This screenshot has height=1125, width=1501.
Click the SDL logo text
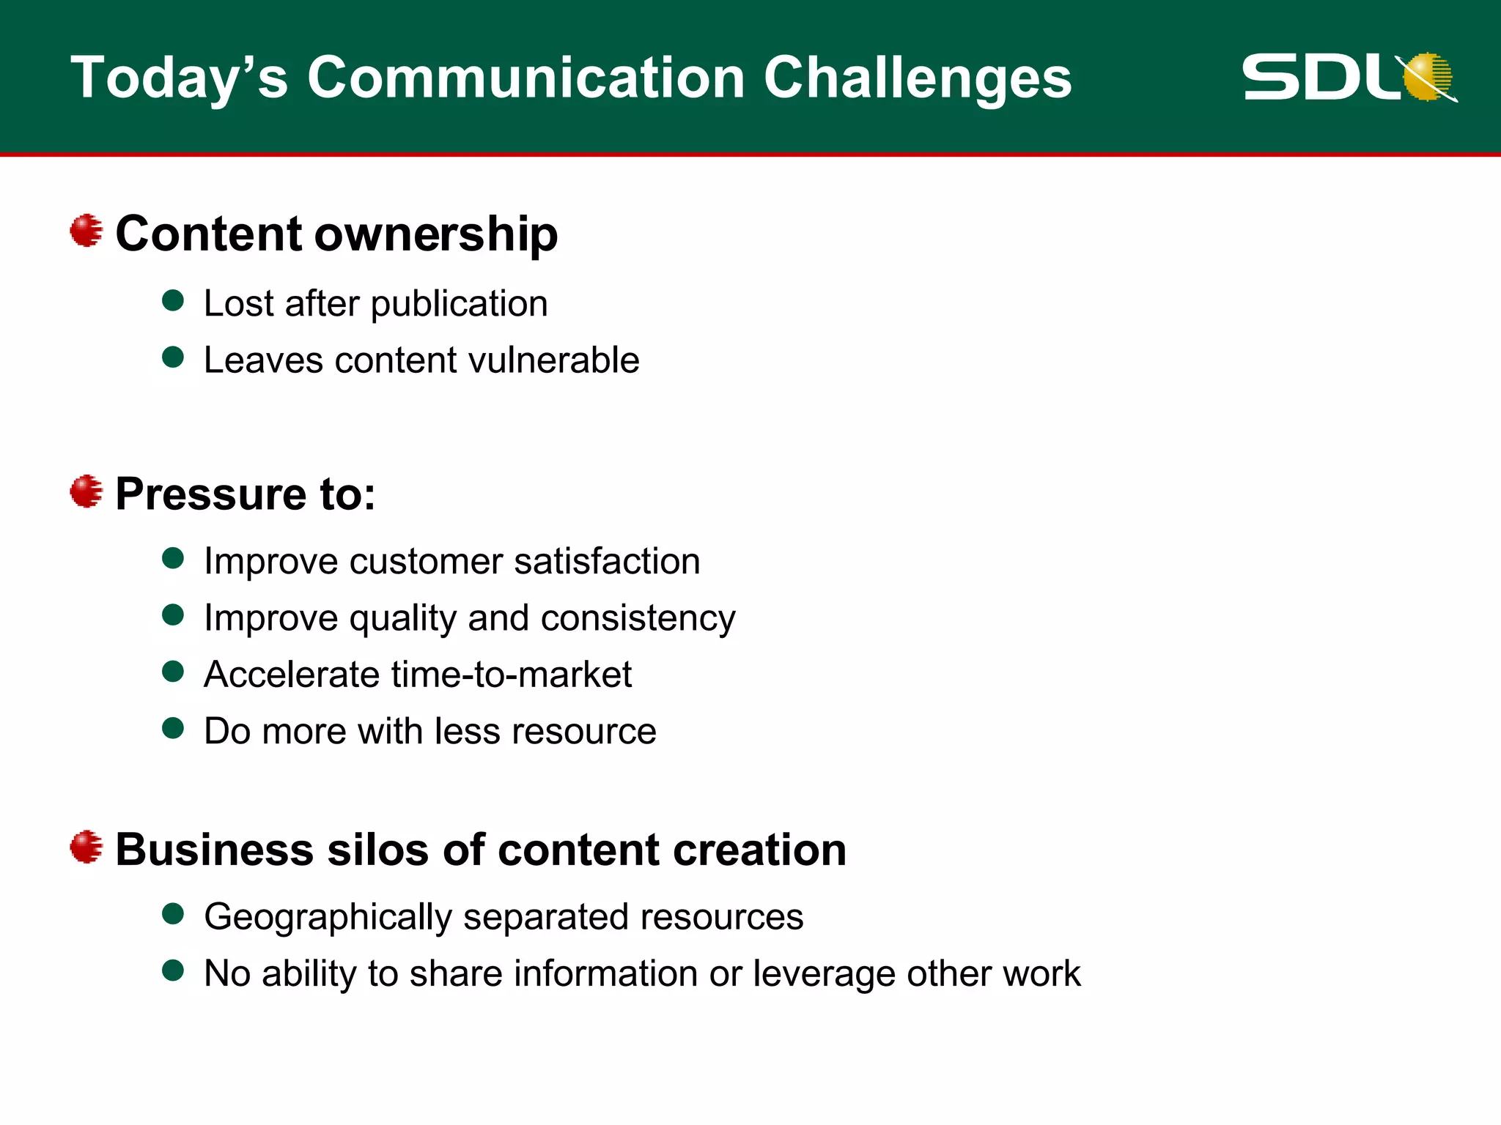pos(1319,77)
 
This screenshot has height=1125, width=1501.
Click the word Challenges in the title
pos(918,78)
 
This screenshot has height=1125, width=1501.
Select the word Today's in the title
pos(179,78)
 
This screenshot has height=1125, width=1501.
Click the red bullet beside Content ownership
pos(86,231)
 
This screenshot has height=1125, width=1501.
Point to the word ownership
pos(436,234)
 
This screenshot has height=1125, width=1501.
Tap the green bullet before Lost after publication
pos(173,300)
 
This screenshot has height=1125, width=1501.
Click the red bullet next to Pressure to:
pos(86,491)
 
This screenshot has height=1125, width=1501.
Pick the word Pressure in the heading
pos(209,494)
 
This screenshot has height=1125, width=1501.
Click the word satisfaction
pos(607,562)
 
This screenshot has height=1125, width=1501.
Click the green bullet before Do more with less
pos(173,728)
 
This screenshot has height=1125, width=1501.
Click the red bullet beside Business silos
pos(86,847)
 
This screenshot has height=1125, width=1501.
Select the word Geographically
pos(328,918)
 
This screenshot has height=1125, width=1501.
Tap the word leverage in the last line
pos(825,974)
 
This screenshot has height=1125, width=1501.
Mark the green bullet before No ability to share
pos(173,970)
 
